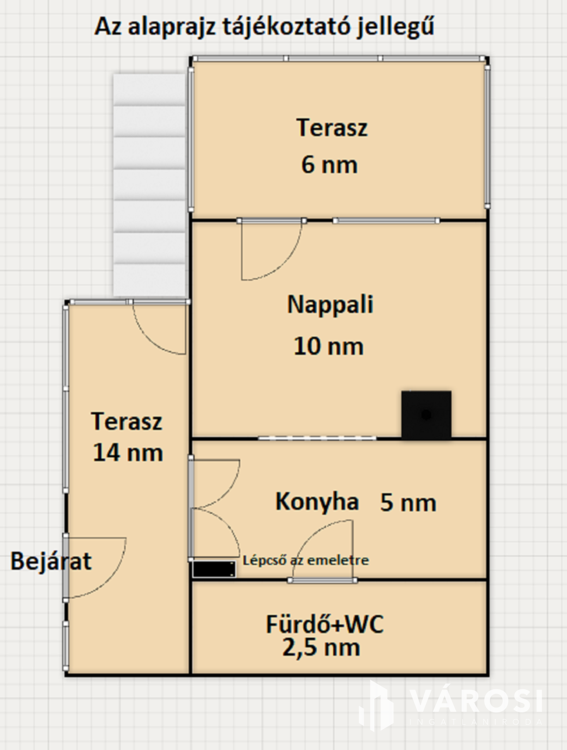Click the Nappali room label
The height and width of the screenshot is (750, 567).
[x=330, y=305]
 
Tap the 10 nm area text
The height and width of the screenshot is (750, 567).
[x=329, y=346]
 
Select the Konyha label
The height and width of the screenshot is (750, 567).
[x=317, y=502]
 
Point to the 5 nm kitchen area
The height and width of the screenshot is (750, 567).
[x=408, y=503]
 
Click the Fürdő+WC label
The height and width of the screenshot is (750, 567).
[x=325, y=624]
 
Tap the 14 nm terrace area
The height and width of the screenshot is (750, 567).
[x=128, y=453]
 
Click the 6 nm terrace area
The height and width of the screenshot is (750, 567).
[x=330, y=164]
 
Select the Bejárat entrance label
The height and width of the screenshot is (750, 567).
[x=50, y=561]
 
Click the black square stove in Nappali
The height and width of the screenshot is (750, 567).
[x=426, y=415]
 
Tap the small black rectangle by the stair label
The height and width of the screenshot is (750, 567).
[x=214, y=569]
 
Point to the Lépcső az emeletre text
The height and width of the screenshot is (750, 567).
[x=306, y=560]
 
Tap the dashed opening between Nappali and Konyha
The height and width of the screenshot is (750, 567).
[x=317, y=438]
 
